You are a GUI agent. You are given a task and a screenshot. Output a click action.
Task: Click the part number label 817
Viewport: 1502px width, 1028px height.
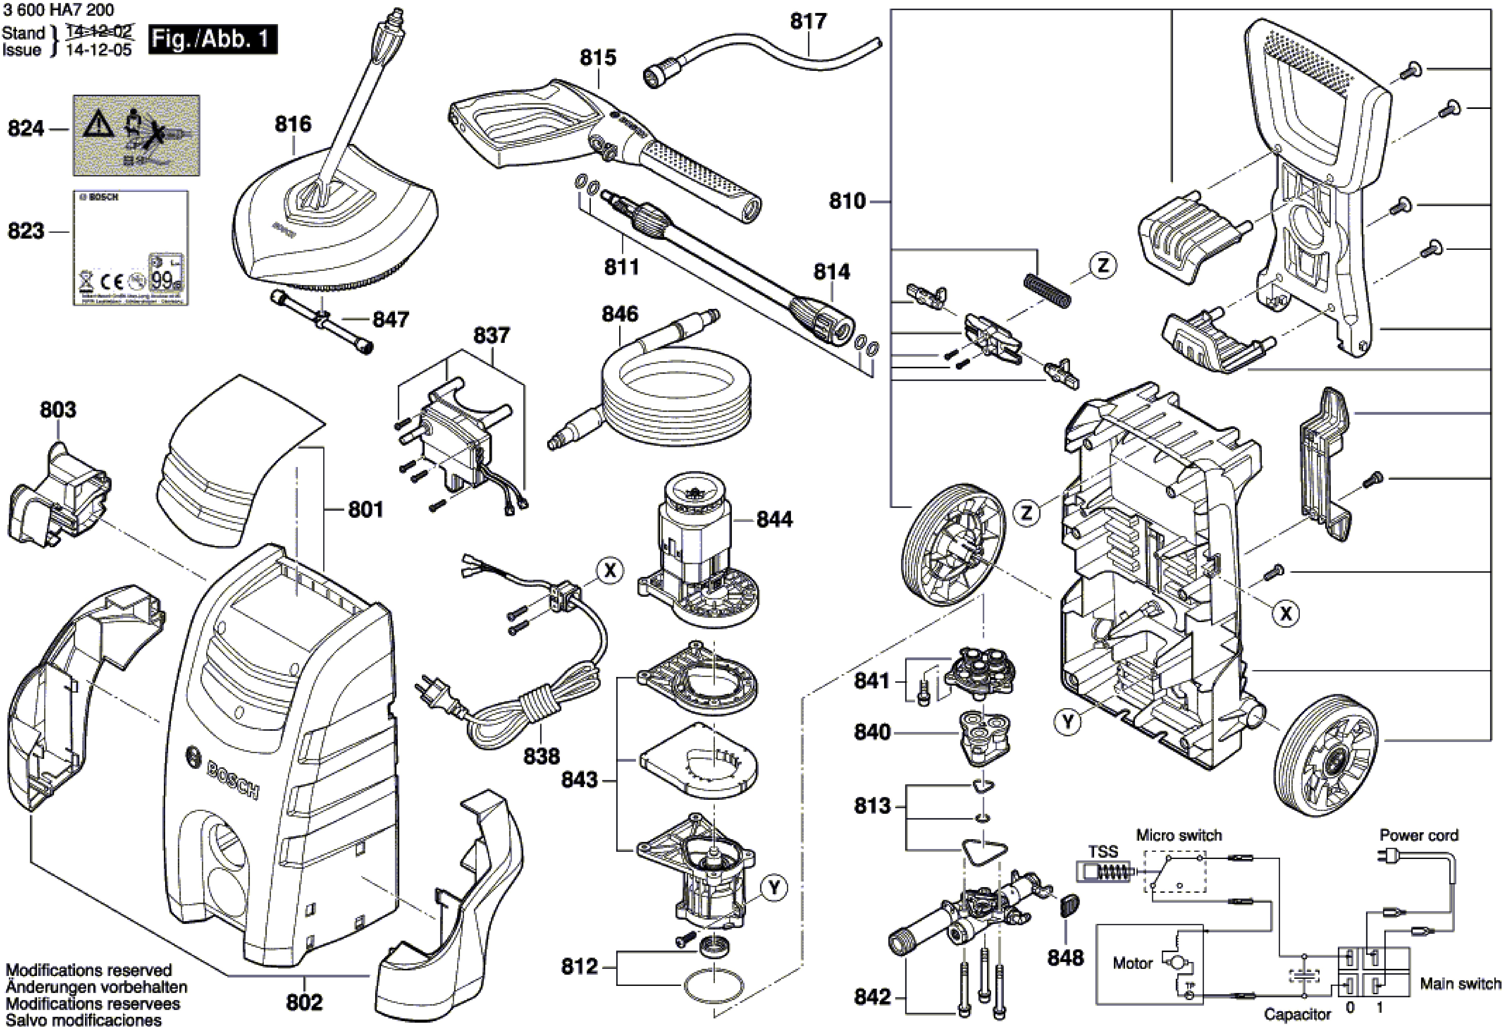[808, 21]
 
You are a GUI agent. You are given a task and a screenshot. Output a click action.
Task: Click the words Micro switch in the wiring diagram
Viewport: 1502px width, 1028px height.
[1179, 835]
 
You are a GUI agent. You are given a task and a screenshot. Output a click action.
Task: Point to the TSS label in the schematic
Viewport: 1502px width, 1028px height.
[1102, 852]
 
